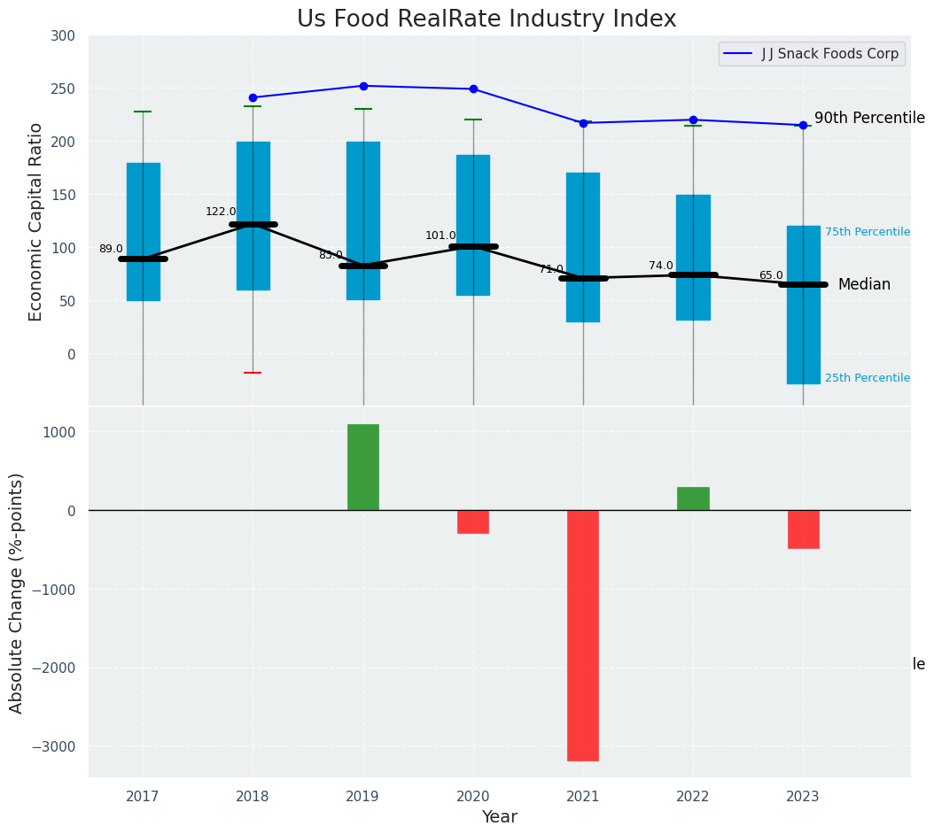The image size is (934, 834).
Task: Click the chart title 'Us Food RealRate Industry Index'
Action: point(486,19)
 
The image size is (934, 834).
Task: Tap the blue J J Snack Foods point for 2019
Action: point(363,86)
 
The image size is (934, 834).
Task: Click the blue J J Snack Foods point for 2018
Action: point(253,97)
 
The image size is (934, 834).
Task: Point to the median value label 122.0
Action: point(221,212)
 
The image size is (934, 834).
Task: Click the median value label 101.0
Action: point(440,236)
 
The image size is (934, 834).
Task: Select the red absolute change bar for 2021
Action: point(583,635)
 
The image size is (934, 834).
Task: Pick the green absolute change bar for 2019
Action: point(363,467)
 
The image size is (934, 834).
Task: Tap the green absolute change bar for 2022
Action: point(693,498)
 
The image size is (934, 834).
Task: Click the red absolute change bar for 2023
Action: point(803,529)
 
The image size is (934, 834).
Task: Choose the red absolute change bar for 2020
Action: point(473,521)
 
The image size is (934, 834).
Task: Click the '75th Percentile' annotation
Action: point(867,232)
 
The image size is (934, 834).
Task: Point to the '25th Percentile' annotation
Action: point(867,378)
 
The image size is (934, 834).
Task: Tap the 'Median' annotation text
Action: point(864,285)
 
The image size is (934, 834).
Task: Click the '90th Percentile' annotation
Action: point(869,119)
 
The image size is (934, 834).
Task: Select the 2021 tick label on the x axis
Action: point(583,797)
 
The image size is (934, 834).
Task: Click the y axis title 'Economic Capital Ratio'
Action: point(36,221)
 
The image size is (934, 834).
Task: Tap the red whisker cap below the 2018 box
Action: point(253,373)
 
